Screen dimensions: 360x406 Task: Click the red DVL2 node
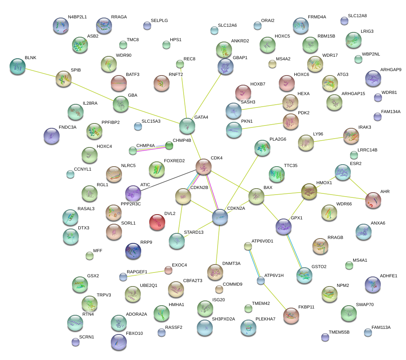(x=157, y=222)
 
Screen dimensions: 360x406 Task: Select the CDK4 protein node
(x=203, y=166)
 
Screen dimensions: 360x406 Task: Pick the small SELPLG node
(x=147, y=26)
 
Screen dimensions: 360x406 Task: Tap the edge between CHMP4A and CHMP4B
(x=150, y=148)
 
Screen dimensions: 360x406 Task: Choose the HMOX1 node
(x=309, y=191)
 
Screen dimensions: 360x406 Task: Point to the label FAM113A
(x=381, y=328)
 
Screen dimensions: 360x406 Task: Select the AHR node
(x=373, y=200)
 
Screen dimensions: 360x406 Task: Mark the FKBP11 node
(x=291, y=315)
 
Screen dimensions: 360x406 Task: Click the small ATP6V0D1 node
(x=248, y=246)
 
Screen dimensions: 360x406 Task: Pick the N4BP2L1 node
(x=61, y=25)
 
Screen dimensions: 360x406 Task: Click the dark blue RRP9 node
(x=133, y=250)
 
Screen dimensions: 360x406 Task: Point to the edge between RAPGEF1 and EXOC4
(x=146, y=273)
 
